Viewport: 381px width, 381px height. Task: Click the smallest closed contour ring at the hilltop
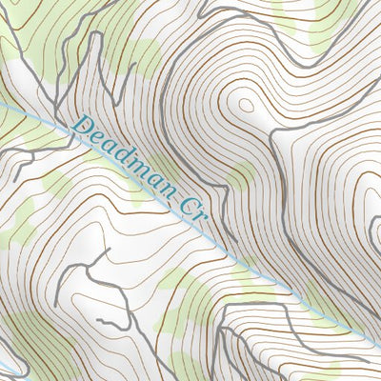click(245, 106)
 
